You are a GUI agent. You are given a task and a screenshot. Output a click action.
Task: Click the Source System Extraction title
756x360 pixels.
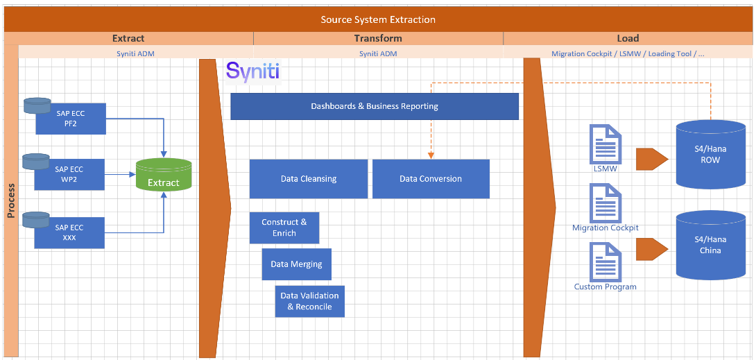coord(378,19)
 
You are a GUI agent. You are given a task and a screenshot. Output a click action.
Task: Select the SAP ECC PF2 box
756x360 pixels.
coord(69,119)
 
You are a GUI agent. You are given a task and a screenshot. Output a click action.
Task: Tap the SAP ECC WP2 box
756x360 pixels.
coord(69,174)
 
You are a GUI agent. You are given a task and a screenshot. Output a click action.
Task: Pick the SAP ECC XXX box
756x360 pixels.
coord(69,232)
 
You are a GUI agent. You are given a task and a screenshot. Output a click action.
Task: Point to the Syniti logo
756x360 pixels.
coord(252,71)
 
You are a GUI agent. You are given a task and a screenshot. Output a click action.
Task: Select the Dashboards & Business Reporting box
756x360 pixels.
coord(375,106)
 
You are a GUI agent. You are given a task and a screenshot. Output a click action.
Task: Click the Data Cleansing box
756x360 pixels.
coord(309,179)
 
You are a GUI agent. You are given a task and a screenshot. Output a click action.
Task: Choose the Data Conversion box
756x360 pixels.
coord(431,179)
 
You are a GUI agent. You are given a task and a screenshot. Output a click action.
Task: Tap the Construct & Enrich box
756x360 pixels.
coord(284,228)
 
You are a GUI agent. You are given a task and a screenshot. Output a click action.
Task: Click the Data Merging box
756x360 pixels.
coord(296,264)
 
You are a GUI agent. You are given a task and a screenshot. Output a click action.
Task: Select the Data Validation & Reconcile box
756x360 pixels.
coord(309,301)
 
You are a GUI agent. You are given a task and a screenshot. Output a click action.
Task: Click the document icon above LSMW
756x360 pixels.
coord(605,144)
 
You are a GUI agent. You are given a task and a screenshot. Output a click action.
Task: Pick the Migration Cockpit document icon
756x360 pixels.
coord(605,203)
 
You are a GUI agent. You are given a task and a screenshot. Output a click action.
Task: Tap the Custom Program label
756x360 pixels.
coord(605,286)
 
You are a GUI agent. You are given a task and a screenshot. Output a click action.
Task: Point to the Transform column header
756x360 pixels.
coord(378,38)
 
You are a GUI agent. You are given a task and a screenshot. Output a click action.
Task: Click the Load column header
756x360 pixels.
coord(628,38)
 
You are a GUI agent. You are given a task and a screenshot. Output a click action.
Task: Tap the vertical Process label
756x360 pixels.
coord(10,201)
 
